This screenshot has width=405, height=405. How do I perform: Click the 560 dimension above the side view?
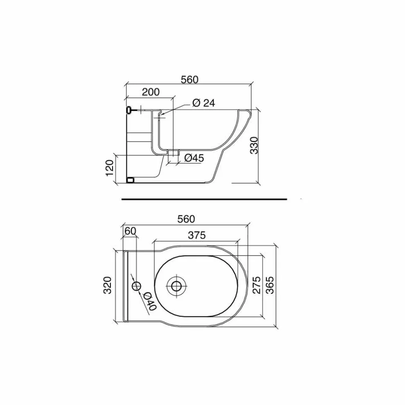coord(189,79)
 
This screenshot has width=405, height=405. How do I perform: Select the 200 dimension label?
coord(151,92)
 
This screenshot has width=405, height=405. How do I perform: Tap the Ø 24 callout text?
coord(204,103)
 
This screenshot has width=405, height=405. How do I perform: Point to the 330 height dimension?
coord(254,145)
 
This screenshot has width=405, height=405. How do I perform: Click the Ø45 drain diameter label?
coord(194,158)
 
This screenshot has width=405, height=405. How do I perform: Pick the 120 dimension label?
coord(110,168)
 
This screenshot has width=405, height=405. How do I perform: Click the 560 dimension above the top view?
coord(186,219)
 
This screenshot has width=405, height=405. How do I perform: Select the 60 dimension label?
coord(130,231)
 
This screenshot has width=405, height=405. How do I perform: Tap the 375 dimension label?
coord(197,235)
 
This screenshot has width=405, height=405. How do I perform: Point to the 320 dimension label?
coord(107,285)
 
